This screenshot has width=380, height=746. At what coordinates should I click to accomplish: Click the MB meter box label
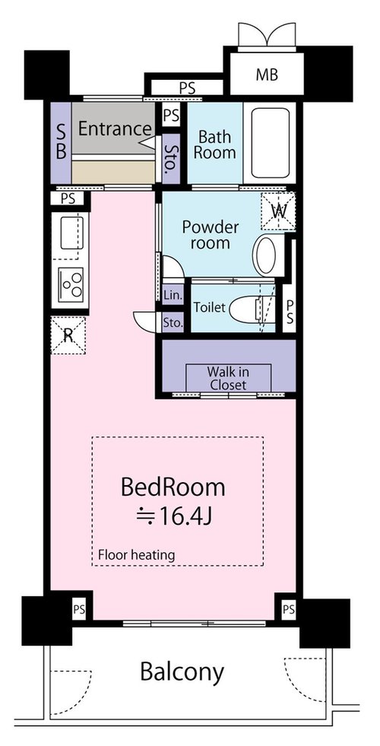tap(266, 75)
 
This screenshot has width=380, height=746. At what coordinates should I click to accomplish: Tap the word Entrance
tap(114, 129)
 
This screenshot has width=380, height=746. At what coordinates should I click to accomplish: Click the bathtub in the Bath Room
tap(268, 143)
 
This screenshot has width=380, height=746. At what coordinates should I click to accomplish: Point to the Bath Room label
tap(214, 144)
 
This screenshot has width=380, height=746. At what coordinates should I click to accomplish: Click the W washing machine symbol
tap(278, 211)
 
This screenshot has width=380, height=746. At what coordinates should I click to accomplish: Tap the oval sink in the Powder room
tap(266, 255)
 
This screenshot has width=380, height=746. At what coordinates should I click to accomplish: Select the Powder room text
tap(211, 234)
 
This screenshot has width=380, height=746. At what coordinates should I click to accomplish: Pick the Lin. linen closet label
tap(173, 295)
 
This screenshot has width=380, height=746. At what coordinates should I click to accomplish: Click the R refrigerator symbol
tap(68, 335)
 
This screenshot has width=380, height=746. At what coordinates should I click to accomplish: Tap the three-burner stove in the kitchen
tap(71, 284)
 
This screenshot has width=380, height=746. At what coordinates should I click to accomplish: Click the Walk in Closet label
tap(228, 378)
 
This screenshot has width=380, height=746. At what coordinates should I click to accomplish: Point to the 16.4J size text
tap(173, 516)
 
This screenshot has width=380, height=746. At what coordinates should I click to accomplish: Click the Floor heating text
tap(137, 554)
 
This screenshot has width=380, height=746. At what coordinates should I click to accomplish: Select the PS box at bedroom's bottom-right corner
tap(288, 609)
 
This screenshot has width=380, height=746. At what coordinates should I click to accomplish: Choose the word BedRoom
tap(173, 487)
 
